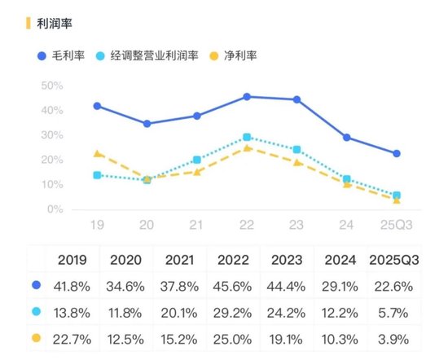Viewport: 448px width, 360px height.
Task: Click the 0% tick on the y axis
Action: pyautogui.click(x=55, y=209)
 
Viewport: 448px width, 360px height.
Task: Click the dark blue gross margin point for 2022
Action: pyautogui.click(x=247, y=96)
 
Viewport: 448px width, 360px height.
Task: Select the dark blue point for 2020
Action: pyautogui.click(x=147, y=124)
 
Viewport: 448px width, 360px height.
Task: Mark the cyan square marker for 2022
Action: pyautogui.click(x=247, y=137)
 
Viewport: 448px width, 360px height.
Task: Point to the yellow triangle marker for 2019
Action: pyautogui.click(x=97, y=153)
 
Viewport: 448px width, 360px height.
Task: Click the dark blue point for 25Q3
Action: pyautogui.click(x=397, y=153)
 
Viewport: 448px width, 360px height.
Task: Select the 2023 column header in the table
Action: pyautogui.click(x=290, y=261)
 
